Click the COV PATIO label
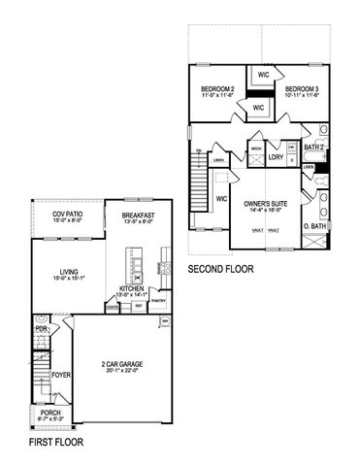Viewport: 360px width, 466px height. [55, 213]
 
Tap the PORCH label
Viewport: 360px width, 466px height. [49, 413]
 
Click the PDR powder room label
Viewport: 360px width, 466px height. [41, 329]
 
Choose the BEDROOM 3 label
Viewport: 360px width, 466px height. [302, 88]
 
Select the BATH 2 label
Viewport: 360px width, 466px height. [314, 148]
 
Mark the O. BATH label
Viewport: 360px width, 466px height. [313, 228]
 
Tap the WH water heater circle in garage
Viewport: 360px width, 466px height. [165, 320]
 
